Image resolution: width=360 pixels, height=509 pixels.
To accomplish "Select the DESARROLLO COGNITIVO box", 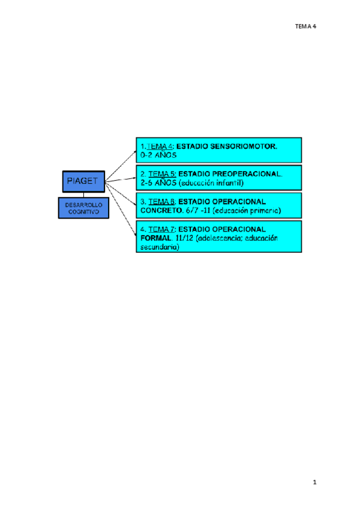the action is click(83, 208).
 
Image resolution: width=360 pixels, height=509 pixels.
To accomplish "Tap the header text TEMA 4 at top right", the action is click(305, 26).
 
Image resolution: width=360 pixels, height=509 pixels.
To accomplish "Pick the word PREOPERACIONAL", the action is click(247, 173).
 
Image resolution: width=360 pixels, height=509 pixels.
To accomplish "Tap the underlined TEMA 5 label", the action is click(161, 173).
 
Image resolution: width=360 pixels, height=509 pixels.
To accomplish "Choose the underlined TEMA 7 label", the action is click(161, 229).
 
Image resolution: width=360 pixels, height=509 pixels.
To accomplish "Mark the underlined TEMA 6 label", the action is click(161, 202).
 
